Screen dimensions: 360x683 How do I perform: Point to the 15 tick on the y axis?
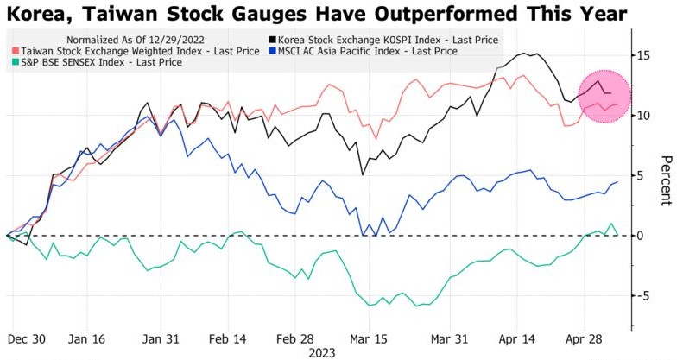point(644,55)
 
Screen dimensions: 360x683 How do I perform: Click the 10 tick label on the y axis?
point(644,116)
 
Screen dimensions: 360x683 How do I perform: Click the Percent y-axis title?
point(666,181)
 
